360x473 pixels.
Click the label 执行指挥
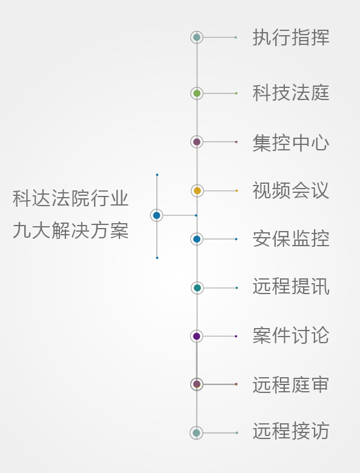pos(291,38)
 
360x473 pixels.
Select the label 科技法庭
pos(291,93)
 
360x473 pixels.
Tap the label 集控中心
pos(291,143)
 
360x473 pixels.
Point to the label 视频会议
pos(291,190)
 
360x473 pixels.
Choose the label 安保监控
pos(291,238)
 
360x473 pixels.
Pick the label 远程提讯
pos(291,286)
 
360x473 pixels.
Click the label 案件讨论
pos(291,335)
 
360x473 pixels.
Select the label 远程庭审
pos(291,384)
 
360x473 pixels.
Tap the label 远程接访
pos(291,431)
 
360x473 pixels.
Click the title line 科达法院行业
pos(71,198)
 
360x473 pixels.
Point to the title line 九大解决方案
pos(71,230)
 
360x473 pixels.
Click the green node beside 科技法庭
pos(197,93)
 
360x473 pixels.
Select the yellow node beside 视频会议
pos(197,190)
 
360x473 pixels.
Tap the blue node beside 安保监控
pos(197,239)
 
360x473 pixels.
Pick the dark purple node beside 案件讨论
pos(196,336)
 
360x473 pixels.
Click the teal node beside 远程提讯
pos(197,288)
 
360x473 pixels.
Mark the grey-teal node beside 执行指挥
pos(197,38)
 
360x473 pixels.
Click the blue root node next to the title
pos(156,215)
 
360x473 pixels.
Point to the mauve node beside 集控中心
pos(197,142)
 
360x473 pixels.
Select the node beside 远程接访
pos(196,433)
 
